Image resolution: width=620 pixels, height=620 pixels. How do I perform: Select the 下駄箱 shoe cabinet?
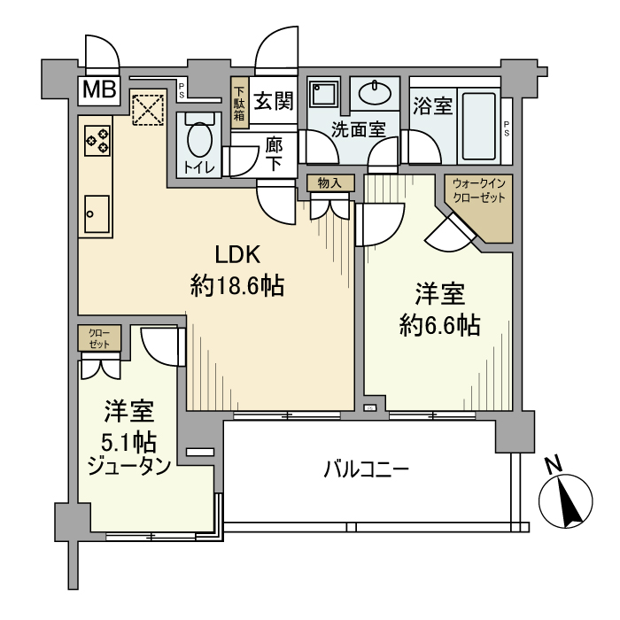238,104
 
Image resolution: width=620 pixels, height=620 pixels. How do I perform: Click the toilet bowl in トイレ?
198,139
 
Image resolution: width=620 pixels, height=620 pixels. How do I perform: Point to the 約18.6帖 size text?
236,286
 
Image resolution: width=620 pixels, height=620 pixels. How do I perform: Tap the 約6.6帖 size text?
440,325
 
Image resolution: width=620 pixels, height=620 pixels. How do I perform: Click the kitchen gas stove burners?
97,140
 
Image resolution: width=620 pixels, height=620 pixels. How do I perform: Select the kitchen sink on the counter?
96,212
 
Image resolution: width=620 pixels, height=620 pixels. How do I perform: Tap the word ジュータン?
129,466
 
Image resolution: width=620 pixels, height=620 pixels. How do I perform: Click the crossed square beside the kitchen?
145,111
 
